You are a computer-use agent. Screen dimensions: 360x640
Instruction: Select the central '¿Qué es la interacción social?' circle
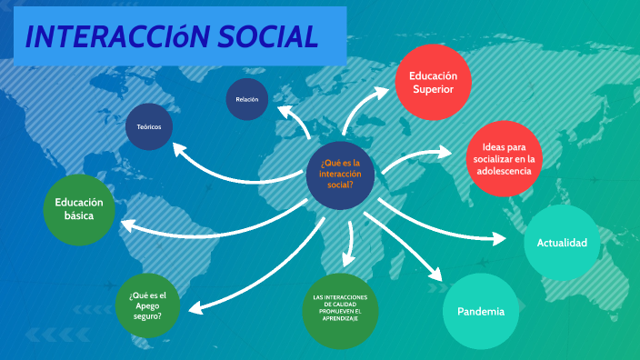(x=341, y=173)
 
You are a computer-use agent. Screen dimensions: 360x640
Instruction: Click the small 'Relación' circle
(x=247, y=99)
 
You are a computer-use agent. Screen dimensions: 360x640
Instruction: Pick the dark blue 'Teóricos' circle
(x=149, y=127)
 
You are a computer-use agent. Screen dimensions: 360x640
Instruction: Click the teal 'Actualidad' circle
(x=562, y=243)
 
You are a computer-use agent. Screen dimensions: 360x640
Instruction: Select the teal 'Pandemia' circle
(x=481, y=312)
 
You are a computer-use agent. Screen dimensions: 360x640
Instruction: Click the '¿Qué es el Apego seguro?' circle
(x=148, y=305)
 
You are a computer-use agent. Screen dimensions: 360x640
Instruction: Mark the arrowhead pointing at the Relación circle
(x=283, y=111)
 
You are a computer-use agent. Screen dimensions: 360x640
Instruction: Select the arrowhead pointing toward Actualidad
(x=499, y=239)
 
